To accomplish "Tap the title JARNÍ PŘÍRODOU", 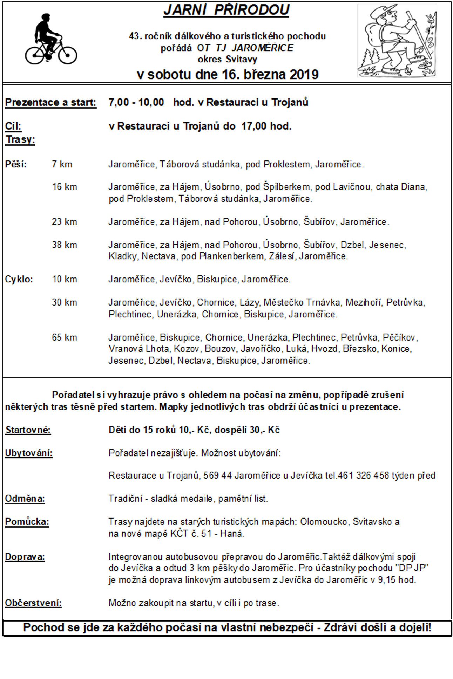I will [226, 10].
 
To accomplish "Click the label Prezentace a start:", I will [50, 102].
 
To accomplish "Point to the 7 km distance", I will [62, 164].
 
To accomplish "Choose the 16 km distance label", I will [65, 187].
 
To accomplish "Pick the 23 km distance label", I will [65, 222].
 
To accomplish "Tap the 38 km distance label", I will [65, 245].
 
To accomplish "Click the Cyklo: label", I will [19, 279].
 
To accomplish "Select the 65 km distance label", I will [65, 337].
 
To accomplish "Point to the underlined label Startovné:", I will [28, 430].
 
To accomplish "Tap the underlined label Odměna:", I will [25, 499].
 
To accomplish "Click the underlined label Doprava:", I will [25, 557].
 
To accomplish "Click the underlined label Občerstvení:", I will [33, 603].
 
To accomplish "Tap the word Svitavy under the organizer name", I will [242, 59].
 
